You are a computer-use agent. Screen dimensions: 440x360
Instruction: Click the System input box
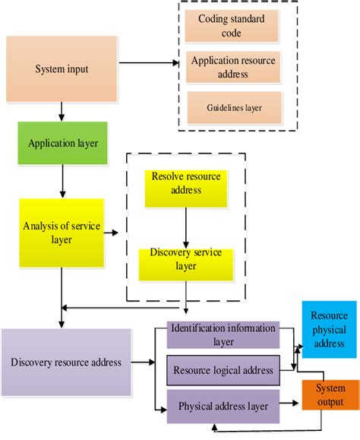(62, 69)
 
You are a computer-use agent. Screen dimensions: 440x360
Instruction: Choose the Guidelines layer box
(234, 107)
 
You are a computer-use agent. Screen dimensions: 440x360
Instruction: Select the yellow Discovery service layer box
(186, 260)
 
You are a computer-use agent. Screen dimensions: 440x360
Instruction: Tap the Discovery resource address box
(66, 362)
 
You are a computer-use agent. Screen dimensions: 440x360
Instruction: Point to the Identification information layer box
(223, 335)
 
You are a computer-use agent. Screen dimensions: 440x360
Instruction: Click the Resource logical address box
(223, 370)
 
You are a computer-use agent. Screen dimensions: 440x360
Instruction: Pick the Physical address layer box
(223, 406)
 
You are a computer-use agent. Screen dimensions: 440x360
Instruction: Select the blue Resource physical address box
(329, 330)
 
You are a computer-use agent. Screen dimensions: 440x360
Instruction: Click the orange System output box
(329, 395)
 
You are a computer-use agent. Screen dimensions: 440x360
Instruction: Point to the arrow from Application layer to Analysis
(62, 182)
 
